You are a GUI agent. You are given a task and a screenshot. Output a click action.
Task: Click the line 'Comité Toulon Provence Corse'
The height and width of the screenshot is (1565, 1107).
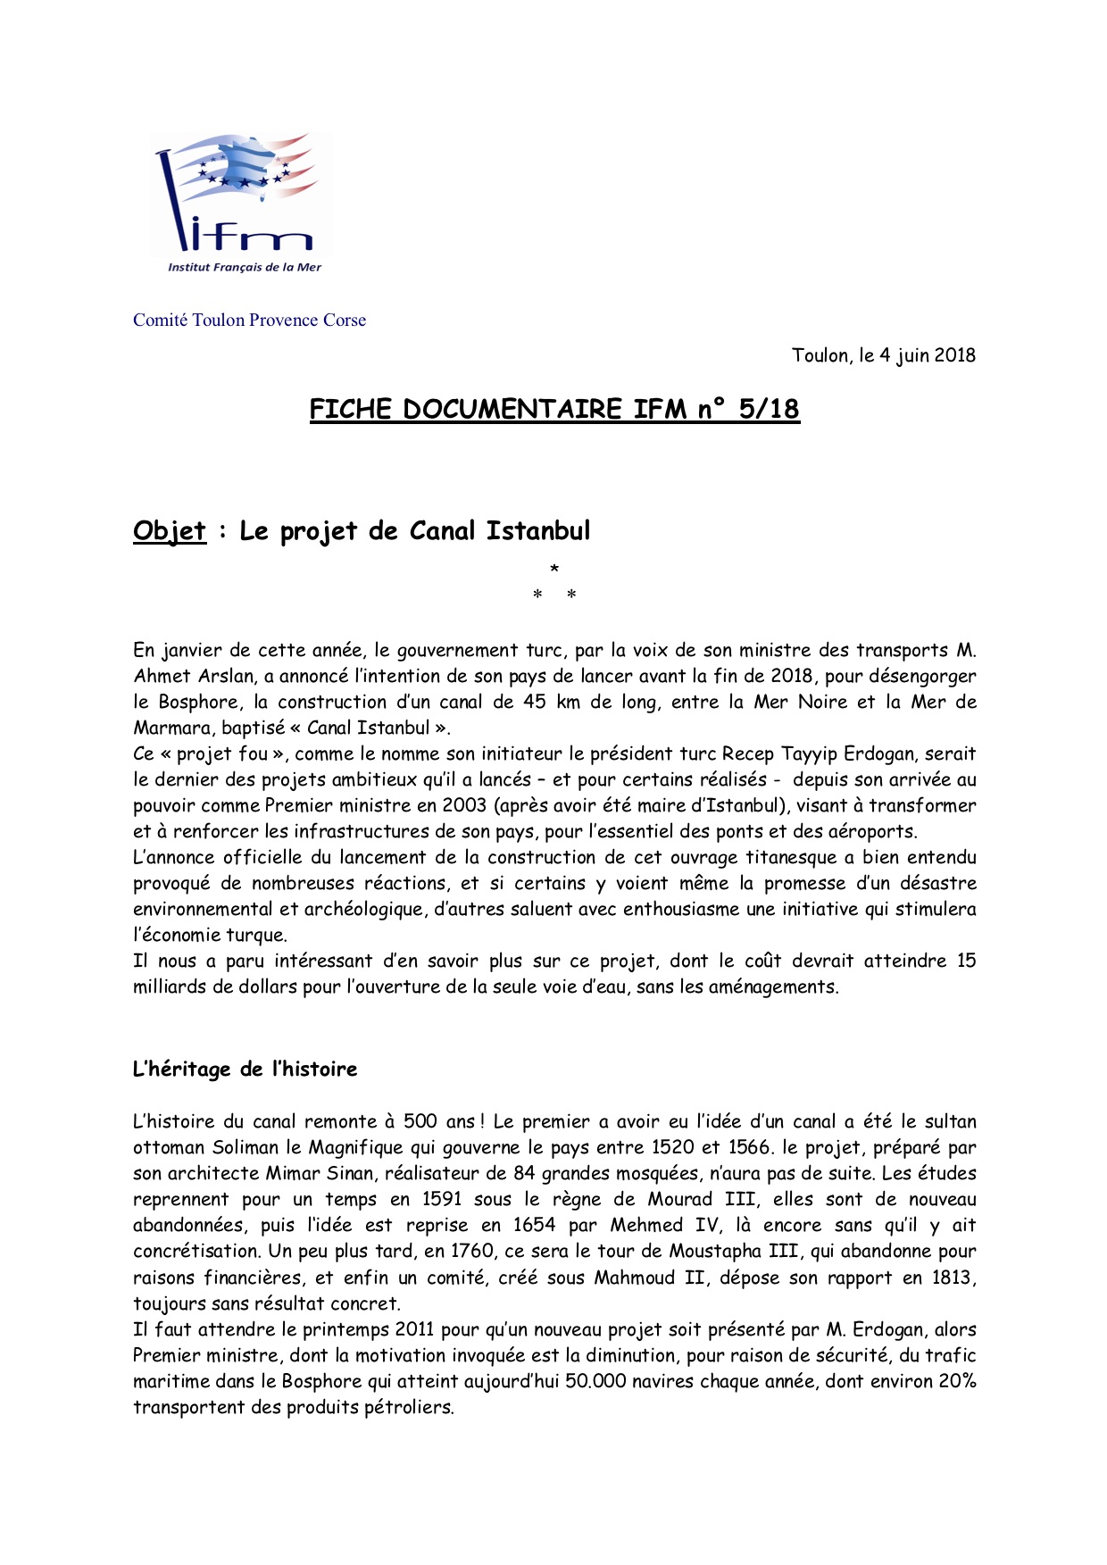249,320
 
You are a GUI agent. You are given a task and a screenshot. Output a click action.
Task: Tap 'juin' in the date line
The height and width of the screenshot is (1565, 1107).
912,355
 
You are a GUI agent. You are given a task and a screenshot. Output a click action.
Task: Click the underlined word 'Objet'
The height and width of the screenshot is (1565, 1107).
170,531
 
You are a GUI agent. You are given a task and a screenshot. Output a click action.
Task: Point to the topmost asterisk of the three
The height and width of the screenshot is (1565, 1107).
554,569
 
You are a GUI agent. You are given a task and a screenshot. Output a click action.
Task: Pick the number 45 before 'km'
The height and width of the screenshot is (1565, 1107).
535,703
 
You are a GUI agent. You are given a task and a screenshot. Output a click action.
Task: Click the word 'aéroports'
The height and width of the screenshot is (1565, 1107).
871,832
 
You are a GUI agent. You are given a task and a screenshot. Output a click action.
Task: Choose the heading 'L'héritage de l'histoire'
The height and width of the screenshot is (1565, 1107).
245,1070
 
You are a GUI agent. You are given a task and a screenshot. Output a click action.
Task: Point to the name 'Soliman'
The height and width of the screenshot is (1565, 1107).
246,1148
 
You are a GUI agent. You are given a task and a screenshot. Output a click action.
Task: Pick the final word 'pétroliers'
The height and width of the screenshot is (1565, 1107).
410,1408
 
